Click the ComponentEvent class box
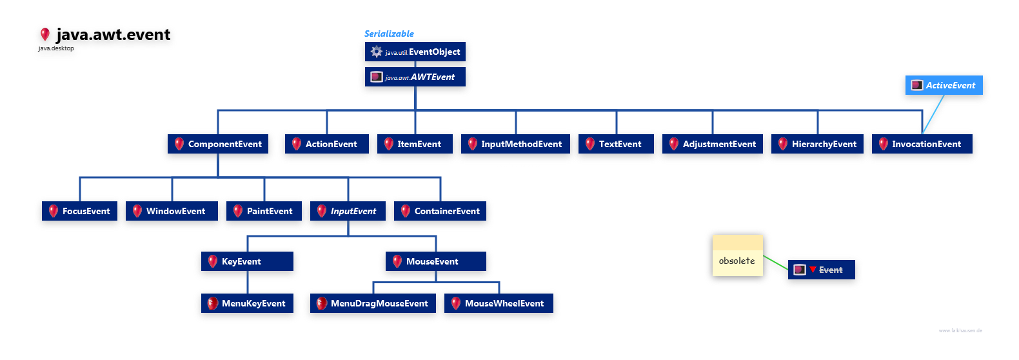point(218,144)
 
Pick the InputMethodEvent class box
point(515,144)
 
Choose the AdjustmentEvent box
point(713,144)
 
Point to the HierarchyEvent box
point(818,144)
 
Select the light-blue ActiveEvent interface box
point(944,85)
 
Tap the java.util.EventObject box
point(415,52)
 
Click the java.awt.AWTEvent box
point(415,77)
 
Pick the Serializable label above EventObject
point(389,34)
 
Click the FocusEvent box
point(79,211)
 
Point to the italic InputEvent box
point(348,211)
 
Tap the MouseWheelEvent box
point(499,303)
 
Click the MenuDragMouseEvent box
point(372,303)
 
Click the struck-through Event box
point(822,270)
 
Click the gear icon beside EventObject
point(377,52)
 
